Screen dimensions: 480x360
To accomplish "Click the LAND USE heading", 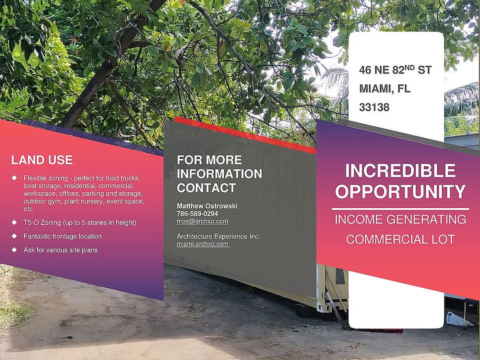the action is point(42,160).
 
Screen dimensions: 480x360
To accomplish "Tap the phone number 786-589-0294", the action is point(197,213).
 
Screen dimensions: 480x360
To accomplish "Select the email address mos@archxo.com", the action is point(202,221).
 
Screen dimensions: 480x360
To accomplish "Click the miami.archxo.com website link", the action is point(203,244).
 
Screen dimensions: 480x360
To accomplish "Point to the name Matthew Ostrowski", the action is point(207,206).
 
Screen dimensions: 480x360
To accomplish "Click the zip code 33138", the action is point(374,107).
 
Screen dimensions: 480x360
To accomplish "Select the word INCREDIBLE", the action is point(400,171).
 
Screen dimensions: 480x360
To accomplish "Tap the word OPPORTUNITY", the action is point(400,191).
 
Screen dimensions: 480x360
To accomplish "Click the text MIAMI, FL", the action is point(385,89).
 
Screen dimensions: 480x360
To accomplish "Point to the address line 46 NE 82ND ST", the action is point(395,70).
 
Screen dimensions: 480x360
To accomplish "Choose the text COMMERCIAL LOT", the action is point(400,239).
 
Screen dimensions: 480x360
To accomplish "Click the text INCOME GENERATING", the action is point(400,219).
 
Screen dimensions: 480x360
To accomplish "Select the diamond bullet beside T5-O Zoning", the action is point(14,222).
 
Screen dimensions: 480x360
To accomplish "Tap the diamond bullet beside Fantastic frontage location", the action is point(14,236).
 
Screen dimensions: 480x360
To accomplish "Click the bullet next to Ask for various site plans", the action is point(14,250).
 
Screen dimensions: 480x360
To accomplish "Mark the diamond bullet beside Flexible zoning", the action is point(14,178).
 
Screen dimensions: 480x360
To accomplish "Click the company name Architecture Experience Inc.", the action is point(218,236).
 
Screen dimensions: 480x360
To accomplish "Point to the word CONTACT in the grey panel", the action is point(206,188).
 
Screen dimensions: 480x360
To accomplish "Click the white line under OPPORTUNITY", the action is point(400,209).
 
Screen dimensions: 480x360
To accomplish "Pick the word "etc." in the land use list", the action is point(29,209).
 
